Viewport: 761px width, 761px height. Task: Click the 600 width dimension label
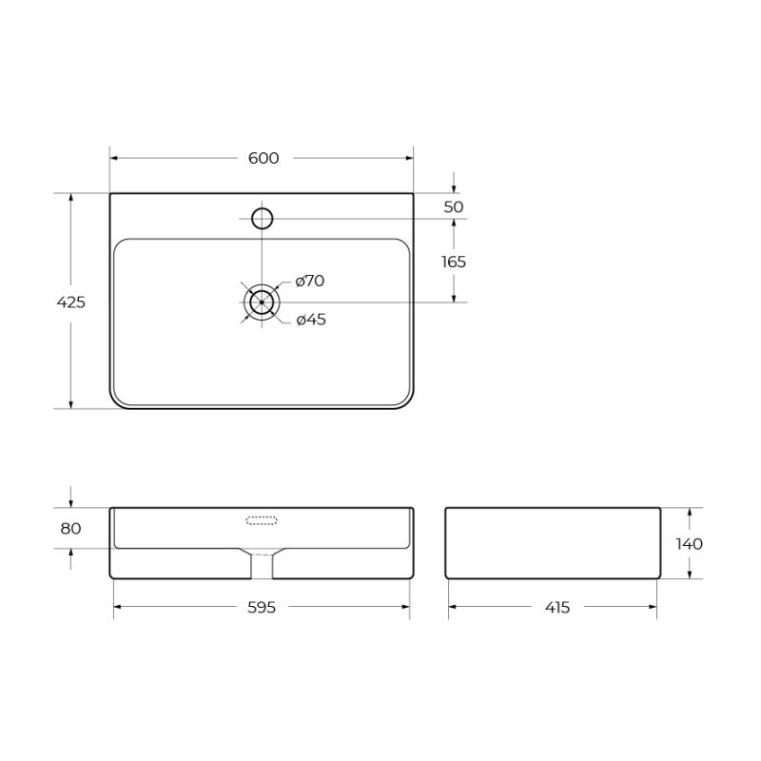pyautogui.click(x=263, y=158)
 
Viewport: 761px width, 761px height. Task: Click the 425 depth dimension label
pyautogui.click(x=71, y=302)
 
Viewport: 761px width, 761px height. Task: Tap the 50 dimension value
pyautogui.click(x=454, y=206)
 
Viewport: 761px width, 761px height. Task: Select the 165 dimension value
pyautogui.click(x=454, y=262)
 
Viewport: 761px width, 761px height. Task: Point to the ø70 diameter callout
pyautogui.click(x=310, y=281)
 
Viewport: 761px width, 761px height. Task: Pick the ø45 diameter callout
pyautogui.click(x=310, y=320)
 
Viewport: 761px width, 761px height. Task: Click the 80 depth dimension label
pyautogui.click(x=71, y=529)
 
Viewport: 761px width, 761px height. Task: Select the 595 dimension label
pyautogui.click(x=262, y=607)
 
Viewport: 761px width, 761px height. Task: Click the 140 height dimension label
pyautogui.click(x=690, y=544)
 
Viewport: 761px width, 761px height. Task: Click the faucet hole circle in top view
pyautogui.click(x=262, y=219)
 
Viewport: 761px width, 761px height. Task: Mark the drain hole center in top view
pyautogui.click(x=262, y=302)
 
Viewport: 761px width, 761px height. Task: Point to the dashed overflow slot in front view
pyautogui.click(x=262, y=520)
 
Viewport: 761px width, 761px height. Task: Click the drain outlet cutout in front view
pyautogui.click(x=262, y=565)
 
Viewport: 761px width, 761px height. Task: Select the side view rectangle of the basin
pyautogui.click(x=553, y=543)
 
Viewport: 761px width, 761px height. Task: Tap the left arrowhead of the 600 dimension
pyautogui.click(x=114, y=158)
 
